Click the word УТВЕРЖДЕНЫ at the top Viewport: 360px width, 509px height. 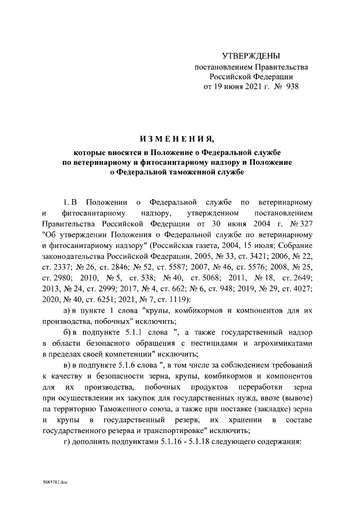(251, 56)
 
